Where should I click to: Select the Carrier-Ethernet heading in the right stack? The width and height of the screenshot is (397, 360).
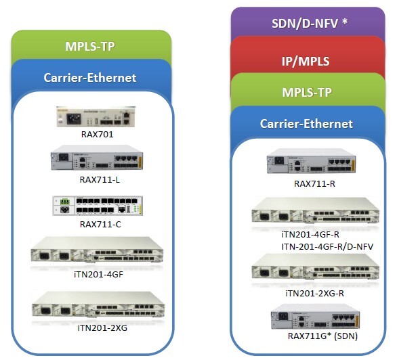click(x=306, y=124)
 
